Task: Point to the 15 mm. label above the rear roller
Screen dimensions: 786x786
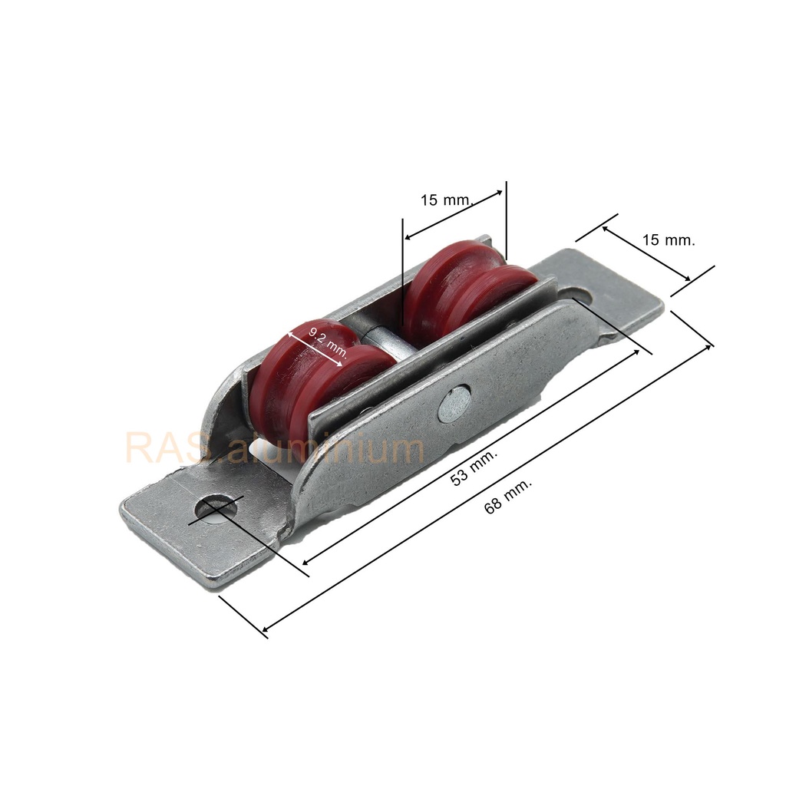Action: [x=446, y=200]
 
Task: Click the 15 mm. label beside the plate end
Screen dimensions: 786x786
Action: [x=669, y=240]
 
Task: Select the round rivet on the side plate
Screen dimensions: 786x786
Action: [x=454, y=402]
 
